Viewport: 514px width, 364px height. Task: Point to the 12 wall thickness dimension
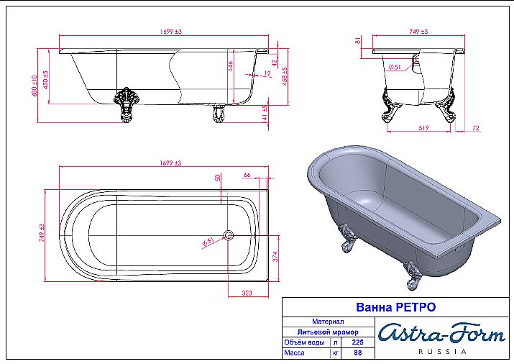[267, 73]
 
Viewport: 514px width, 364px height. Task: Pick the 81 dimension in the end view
[357, 42]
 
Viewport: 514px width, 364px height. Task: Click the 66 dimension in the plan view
[247, 176]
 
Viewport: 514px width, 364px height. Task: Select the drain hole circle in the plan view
[228, 235]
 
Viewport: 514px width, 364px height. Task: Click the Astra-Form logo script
[441, 333]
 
